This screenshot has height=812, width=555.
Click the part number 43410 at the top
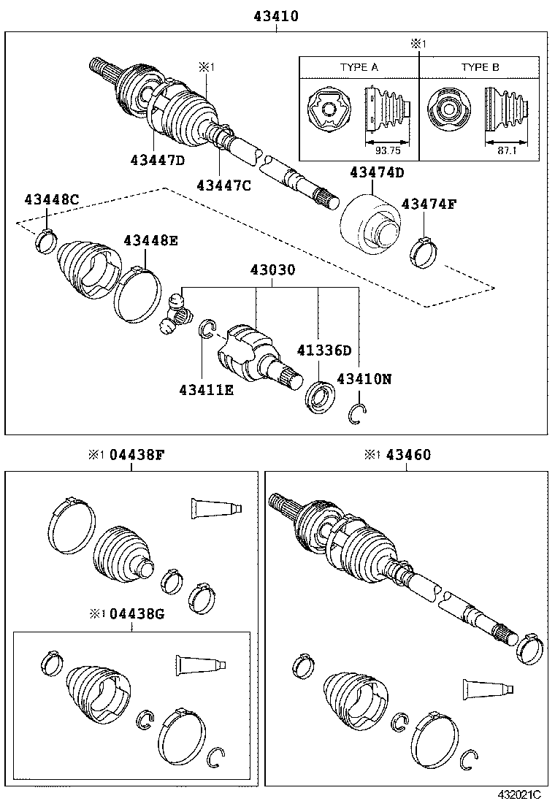[275, 15]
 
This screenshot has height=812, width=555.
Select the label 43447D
[158, 160]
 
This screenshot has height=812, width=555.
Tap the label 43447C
[223, 185]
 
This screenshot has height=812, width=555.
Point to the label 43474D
[376, 172]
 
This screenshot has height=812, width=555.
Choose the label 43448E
[150, 240]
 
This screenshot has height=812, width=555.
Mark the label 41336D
[324, 351]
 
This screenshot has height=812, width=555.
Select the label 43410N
[364, 379]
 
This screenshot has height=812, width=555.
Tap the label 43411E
[206, 390]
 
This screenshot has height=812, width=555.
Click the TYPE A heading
[359, 67]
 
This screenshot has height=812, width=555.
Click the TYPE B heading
[480, 67]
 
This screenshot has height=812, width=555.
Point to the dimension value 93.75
[388, 150]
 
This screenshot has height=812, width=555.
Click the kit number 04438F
[137, 455]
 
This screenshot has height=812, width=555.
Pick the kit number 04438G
[137, 613]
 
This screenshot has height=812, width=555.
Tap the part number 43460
[408, 455]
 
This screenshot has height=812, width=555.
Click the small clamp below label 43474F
[423, 251]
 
